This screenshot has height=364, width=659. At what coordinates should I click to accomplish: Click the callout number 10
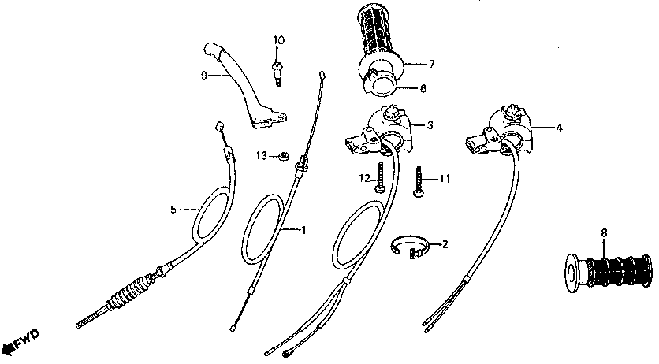(x=279, y=40)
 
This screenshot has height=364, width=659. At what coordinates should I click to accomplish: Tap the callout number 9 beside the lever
(x=204, y=76)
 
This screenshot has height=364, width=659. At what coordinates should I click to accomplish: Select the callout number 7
(x=431, y=64)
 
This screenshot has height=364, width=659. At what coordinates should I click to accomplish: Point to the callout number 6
(x=423, y=88)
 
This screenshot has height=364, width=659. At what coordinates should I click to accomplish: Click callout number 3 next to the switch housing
(x=430, y=125)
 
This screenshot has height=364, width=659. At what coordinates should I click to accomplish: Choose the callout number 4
(x=559, y=128)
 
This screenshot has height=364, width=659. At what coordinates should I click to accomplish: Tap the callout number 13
(x=262, y=156)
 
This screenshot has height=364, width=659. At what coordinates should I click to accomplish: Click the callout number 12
(x=364, y=179)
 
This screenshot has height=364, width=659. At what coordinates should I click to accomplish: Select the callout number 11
(x=445, y=179)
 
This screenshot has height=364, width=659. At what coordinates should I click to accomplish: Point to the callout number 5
(x=173, y=209)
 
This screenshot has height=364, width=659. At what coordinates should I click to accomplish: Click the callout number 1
(x=303, y=230)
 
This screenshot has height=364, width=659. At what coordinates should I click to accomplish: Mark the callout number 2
(x=445, y=244)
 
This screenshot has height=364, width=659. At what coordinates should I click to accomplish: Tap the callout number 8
(x=604, y=232)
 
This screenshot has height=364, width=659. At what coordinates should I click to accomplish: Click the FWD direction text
(x=28, y=339)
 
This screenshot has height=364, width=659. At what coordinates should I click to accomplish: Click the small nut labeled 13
(x=284, y=156)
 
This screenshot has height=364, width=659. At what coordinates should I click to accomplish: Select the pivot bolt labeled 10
(x=277, y=73)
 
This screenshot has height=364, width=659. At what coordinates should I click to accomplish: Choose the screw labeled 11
(x=419, y=181)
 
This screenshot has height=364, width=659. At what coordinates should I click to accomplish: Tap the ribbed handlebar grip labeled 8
(x=608, y=273)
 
